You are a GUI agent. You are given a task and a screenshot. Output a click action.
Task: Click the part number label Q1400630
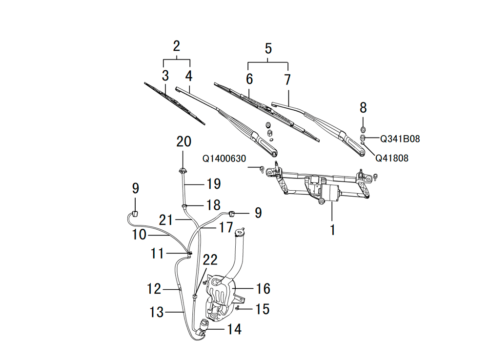224,159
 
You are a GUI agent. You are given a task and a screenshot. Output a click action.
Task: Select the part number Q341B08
400,139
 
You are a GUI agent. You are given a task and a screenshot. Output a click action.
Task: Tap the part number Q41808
392,158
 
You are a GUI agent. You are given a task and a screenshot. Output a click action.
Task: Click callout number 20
183,141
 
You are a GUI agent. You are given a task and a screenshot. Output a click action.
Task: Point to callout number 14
234,329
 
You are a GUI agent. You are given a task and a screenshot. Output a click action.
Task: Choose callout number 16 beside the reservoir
263,289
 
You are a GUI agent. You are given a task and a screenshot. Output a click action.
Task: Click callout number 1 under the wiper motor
332,230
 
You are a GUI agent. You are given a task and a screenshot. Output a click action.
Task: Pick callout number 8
363,108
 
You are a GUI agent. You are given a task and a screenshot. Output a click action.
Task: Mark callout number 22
210,260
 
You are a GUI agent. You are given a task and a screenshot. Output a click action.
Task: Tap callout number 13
156,312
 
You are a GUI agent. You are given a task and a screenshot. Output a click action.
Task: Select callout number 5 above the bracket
268,49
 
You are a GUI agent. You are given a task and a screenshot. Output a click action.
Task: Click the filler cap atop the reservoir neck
241,231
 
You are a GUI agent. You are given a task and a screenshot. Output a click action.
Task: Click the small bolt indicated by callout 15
237,308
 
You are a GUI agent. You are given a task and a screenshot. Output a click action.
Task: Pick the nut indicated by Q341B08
363,137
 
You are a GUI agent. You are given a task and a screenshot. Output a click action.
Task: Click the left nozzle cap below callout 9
135,214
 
